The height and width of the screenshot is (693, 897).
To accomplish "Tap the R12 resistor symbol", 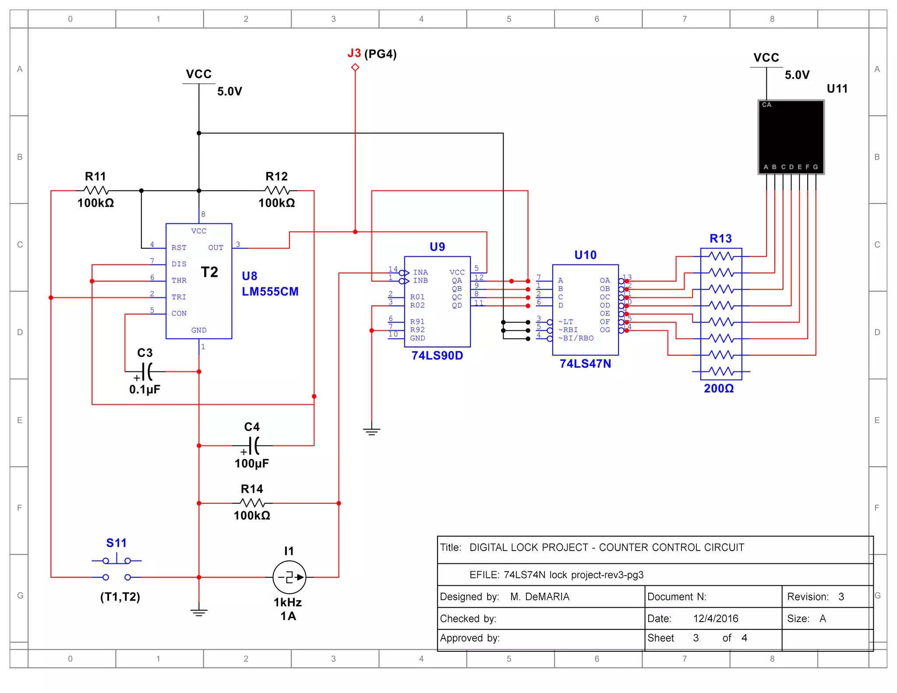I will click(x=277, y=191).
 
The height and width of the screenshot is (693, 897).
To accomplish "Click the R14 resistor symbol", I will click(x=252, y=503).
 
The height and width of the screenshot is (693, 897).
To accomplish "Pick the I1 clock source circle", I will click(x=289, y=577).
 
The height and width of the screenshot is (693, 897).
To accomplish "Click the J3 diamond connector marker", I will click(x=355, y=67).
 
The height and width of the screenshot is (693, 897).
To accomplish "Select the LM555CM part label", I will click(x=270, y=292).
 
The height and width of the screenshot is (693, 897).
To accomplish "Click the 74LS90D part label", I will click(x=437, y=356).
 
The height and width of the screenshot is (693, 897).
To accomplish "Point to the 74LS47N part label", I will click(x=585, y=364).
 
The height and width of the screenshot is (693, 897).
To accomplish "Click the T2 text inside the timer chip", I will click(x=209, y=272).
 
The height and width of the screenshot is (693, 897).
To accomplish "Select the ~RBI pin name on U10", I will click(x=568, y=330).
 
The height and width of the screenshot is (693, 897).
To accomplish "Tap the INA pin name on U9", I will click(x=420, y=272).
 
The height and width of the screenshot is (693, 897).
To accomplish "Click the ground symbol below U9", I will click(x=371, y=431).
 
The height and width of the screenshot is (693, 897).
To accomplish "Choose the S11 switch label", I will click(x=116, y=543).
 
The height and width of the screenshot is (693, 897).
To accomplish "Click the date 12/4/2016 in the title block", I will click(x=715, y=619).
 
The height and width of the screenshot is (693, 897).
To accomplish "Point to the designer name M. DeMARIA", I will click(x=540, y=597).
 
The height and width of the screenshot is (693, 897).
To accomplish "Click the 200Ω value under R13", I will click(x=719, y=389).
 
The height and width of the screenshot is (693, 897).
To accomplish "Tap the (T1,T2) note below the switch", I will click(x=120, y=597).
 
